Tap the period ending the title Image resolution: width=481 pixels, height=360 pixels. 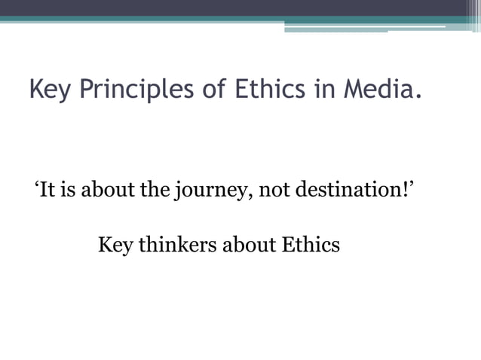click(417, 97)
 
